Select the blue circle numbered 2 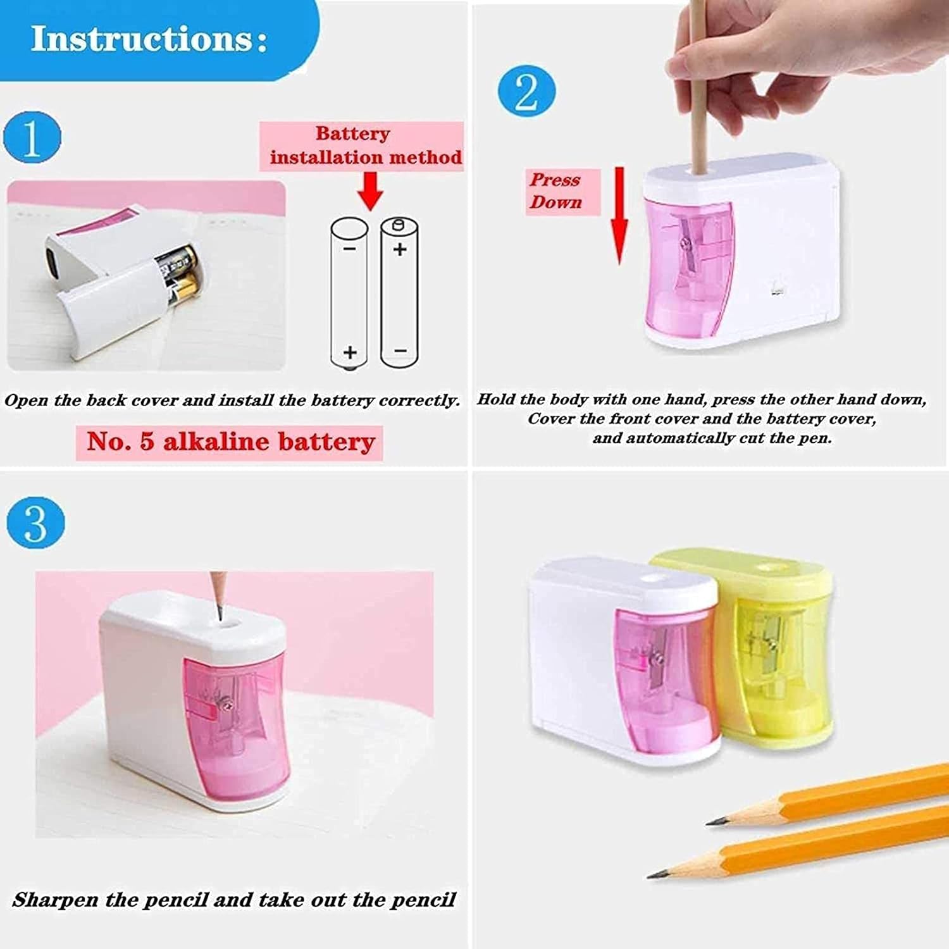click(526, 93)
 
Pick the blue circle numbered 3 click(36, 523)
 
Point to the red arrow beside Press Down click(619, 216)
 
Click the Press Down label click(555, 191)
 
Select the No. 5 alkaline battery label click(231, 442)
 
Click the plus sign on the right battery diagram click(400, 249)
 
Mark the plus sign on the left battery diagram click(350, 352)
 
